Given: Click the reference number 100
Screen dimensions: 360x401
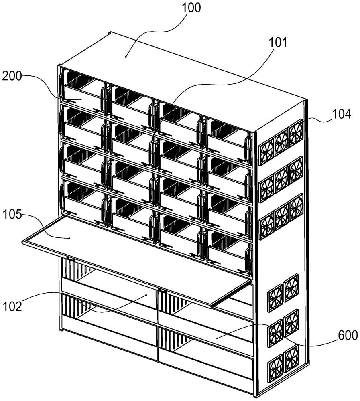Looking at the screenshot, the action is (191, 8).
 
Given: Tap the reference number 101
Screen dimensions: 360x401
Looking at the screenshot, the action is (278, 42).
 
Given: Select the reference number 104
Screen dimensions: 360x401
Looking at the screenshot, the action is (342, 114).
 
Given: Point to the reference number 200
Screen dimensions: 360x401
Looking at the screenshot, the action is (12, 76).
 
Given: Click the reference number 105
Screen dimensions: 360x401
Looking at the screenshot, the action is (12, 214).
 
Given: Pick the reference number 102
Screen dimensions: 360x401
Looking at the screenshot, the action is (12, 306).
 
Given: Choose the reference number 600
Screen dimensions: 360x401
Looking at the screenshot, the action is (348, 335).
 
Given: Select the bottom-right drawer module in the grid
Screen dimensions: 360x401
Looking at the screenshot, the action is (229, 252).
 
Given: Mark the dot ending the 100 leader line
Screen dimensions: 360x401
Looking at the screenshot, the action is (126, 57).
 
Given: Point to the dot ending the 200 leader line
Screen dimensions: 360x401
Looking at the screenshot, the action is (81, 99).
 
